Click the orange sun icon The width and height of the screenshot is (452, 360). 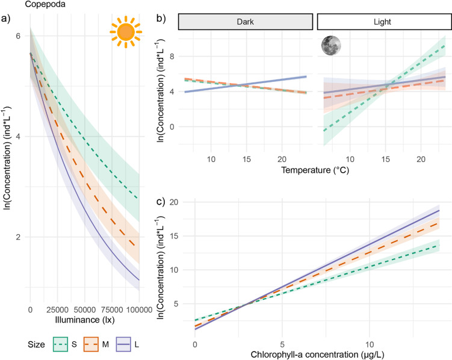(x=126, y=32)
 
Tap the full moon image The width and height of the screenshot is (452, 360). (x=331, y=45)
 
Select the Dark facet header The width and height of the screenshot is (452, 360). (x=246, y=22)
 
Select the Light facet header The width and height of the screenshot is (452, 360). (x=382, y=22)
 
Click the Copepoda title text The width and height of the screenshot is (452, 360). (x=45, y=4)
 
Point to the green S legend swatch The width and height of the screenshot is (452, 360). (x=60, y=344)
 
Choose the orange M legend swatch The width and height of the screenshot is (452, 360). (x=91, y=344)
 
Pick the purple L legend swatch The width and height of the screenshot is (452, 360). (x=123, y=344)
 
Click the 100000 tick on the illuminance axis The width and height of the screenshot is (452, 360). (x=139, y=310)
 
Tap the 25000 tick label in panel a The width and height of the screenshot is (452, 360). (x=57, y=310)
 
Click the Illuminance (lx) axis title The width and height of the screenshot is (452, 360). (x=85, y=320)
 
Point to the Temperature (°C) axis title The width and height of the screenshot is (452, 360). (x=315, y=170)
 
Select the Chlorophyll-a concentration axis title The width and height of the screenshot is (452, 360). (x=317, y=355)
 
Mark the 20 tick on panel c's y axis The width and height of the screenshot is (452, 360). (x=174, y=202)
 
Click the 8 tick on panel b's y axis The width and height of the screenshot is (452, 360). (x=172, y=56)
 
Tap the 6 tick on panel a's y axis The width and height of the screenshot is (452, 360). (x=18, y=36)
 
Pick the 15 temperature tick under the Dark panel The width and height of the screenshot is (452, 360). (x=247, y=159)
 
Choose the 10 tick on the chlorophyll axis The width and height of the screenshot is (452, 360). (x=370, y=344)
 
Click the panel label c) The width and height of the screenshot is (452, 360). (x=161, y=202)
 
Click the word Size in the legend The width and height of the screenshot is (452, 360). (x=36, y=344)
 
